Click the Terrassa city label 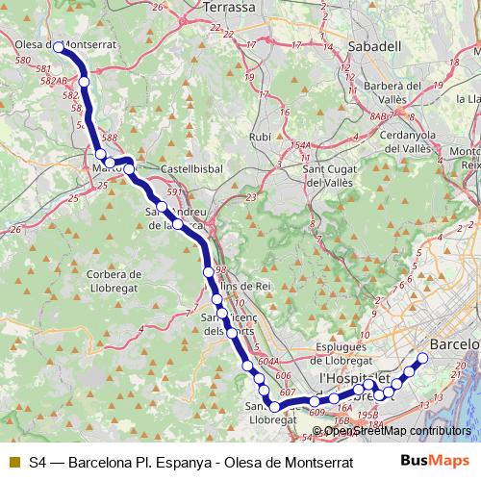pyautogui.click(x=229, y=8)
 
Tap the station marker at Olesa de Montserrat pyautogui.click(x=59, y=46)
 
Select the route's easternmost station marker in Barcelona pyautogui.click(x=421, y=358)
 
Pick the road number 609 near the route pyautogui.click(x=318, y=414)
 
